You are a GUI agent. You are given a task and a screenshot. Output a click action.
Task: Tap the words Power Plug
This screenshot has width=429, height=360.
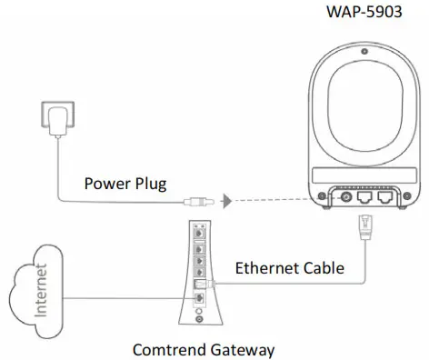pyautogui.click(x=125, y=183)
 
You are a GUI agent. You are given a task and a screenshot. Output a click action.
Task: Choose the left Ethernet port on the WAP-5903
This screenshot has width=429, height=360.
pyautogui.click(x=364, y=195)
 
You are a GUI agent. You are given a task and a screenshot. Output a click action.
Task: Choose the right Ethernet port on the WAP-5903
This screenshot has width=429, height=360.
pyautogui.click(x=385, y=195)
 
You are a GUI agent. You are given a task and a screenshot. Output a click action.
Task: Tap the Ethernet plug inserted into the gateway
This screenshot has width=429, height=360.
pyautogui.click(x=207, y=284)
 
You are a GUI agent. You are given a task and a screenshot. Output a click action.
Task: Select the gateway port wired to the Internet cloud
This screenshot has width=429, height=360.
pyautogui.click(x=198, y=296)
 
